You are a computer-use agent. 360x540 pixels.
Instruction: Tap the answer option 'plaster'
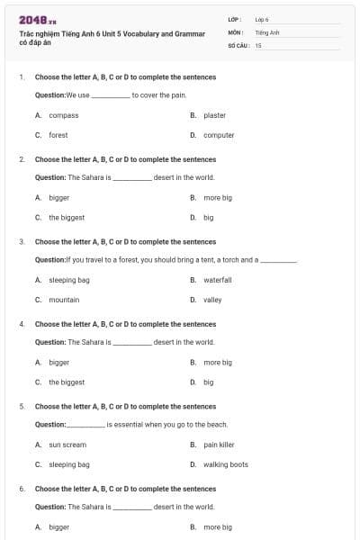214,115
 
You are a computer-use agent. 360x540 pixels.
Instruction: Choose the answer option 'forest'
58,135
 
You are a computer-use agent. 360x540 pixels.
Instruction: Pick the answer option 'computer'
219,135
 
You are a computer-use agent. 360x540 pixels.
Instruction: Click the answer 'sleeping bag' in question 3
69,280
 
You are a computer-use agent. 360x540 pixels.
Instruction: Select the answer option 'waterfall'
218,280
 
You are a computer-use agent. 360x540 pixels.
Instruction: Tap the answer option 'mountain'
64,300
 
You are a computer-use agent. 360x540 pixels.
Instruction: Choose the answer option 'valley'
212,300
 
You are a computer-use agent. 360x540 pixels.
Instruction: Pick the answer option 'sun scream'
67,445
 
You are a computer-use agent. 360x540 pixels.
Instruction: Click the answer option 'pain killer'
219,445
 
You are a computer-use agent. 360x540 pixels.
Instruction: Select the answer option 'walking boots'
225,464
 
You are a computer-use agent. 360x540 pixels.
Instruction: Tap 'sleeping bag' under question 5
69,464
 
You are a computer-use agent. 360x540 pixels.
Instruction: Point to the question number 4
22,324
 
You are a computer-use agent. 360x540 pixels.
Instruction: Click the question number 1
22,77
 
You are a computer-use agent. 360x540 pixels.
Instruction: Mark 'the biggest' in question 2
67,217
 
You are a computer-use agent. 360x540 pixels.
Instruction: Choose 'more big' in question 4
218,362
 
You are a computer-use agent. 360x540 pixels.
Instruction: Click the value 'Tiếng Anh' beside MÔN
267,31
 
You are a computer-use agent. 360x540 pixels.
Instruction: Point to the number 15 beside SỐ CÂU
258,44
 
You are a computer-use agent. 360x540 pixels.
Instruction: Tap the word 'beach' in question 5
216,424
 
